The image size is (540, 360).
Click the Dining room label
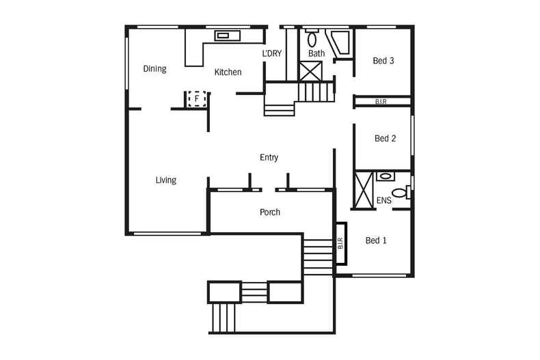pyautogui.click(x=154, y=69)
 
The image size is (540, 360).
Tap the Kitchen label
pyautogui.click(x=228, y=72)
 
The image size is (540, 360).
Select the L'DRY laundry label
pyautogui.click(x=272, y=53)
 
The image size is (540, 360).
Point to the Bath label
pyautogui.click(x=316, y=53)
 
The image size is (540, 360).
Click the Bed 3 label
pyautogui.click(x=383, y=61)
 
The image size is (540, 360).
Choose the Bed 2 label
pyautogui.click(x=385, y=139)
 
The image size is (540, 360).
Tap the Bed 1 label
pyautogui.click(x=376, y=240)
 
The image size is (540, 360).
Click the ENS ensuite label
pyautogui.click(x=384, y=200)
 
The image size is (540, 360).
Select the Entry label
pyautogui.click(x=269, y=158)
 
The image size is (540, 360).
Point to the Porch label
pyautogui.click(x=270, y=212)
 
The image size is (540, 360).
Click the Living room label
pyautogui.click(x=166, y=180)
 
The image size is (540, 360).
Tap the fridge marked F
pyautogui.click(x=197, y=99)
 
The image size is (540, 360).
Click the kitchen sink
pyautogui.click(x=228, y=36)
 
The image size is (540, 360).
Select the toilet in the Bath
pyautogui.click(x=312, y=38)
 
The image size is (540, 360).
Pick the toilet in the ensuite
pyautogui.click(x=401, y=193)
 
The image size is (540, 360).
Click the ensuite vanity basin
pyautogui.click(x=386, y=176)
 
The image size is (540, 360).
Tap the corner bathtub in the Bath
pyautogui.click(x=340, y=42)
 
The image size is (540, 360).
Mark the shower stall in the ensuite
pyautogui.click(x=364, y=190)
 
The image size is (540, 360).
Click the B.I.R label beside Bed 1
pyautogui.click(x=340, y=243)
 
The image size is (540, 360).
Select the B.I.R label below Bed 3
pyautogui.click(x=381, y=102)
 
